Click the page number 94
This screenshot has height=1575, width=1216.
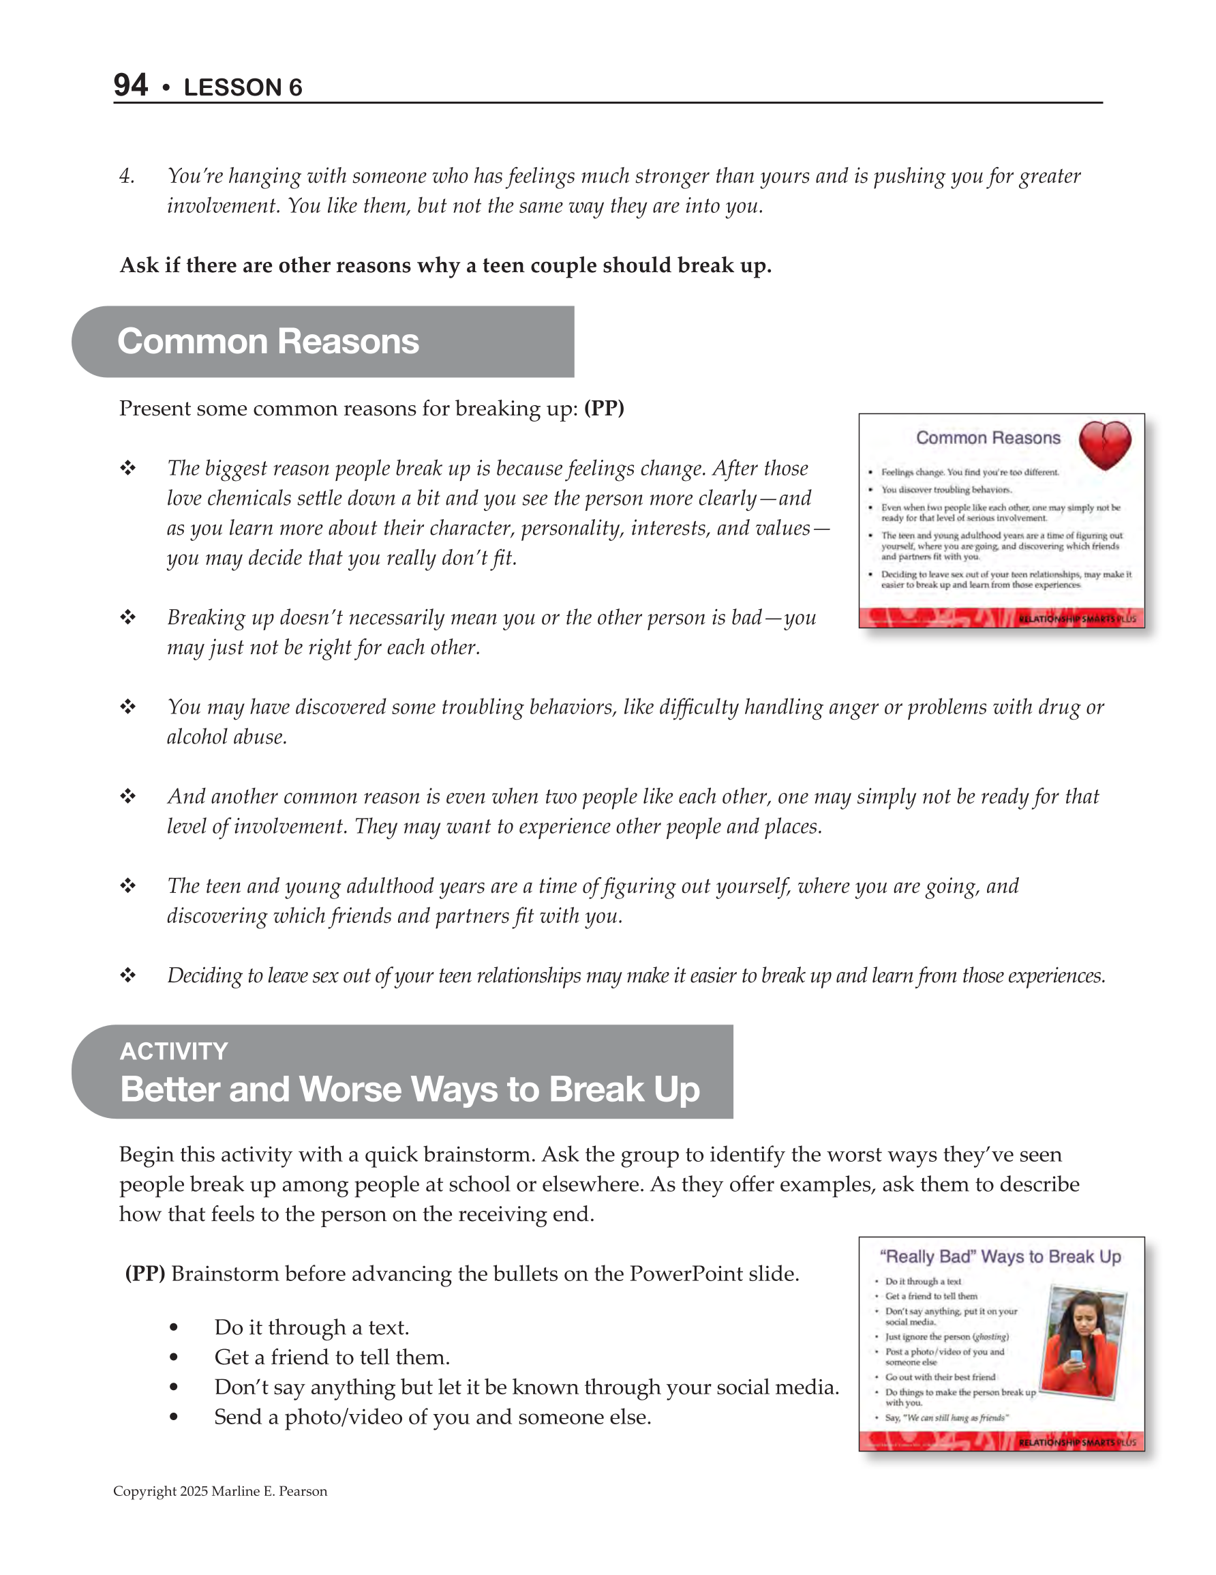point(130,85)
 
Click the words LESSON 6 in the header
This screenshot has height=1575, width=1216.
point(243,87)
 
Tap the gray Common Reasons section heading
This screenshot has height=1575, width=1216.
point(268,341)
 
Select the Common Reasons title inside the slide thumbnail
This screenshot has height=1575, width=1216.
point(988,438)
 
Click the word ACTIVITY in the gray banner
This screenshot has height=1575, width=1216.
point(174,1050)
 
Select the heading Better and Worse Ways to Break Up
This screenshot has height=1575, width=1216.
point(410,1089)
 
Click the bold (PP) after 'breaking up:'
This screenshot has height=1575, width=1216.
point(604,408)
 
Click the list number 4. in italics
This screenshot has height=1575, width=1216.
point(127,176)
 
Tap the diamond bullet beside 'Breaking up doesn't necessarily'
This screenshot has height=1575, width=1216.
point(127,617)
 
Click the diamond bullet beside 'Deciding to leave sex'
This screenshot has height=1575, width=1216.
point(127,975)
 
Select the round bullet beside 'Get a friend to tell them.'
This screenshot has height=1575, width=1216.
point(174,1358)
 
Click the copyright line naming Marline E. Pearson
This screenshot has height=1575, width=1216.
point(220,1491)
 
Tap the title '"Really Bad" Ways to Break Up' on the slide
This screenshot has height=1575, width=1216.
point(1000,1256)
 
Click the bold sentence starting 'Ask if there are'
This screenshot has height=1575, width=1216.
point(446,265)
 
